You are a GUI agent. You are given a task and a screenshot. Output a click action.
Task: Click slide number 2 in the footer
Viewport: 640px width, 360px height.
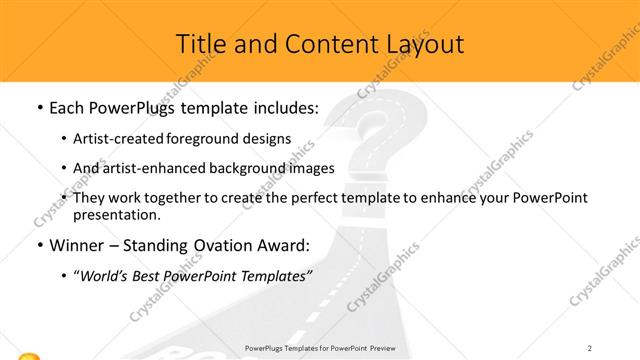point(590,348)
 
